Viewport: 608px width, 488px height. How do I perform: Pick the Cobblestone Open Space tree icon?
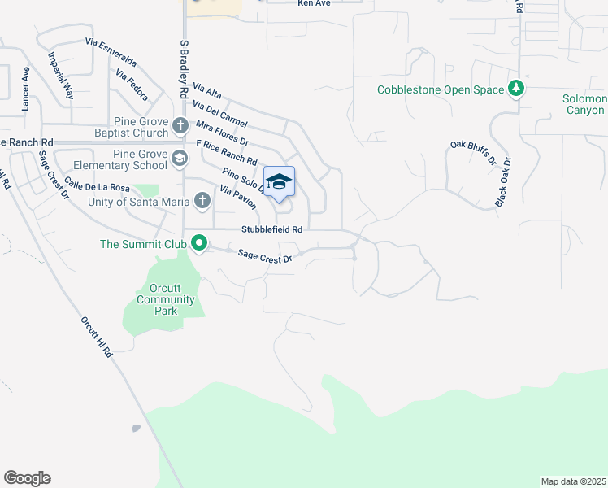(515, 89)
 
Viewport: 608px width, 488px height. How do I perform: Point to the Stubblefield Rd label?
(271, 230)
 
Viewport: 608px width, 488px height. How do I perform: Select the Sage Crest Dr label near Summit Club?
(264, 256)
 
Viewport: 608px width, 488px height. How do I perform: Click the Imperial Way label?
(61, 76)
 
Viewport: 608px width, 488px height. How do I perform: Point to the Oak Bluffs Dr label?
(472, 153)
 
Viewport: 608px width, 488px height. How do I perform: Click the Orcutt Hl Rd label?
(96, 338)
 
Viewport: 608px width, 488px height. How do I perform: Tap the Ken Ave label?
(314, 4)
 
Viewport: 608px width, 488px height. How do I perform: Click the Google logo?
(27, 478)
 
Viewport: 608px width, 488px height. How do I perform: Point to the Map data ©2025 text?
(573, 481)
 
